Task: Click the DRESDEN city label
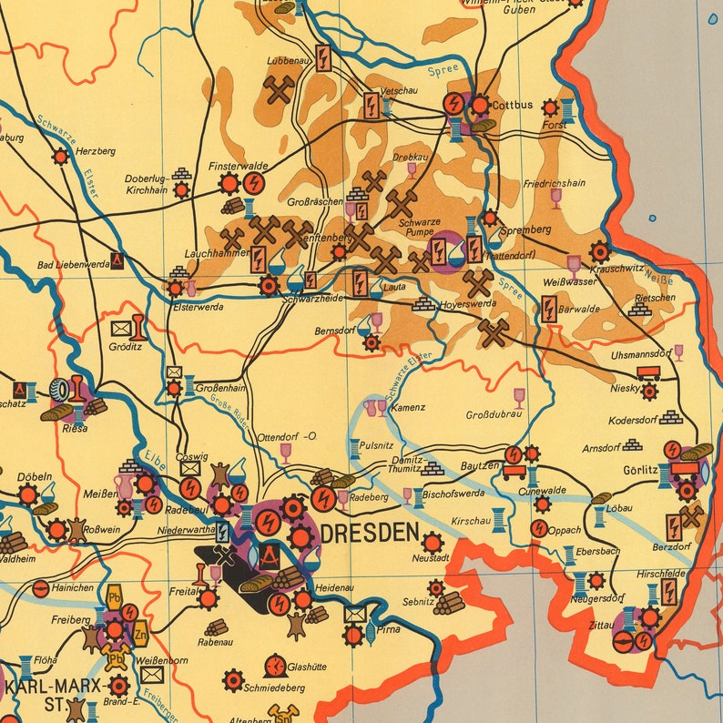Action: tap(370, 533)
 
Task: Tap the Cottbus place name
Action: tap(514, 105)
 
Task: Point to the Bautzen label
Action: tap(480, 466)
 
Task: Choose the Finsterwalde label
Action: tap(237, 167)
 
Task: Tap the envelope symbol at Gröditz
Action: tap(120, 327)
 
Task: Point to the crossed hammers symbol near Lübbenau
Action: tap(279, 89)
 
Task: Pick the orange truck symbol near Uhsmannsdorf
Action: tap(649, 371)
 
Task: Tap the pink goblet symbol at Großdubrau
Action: tap(519, 397)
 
